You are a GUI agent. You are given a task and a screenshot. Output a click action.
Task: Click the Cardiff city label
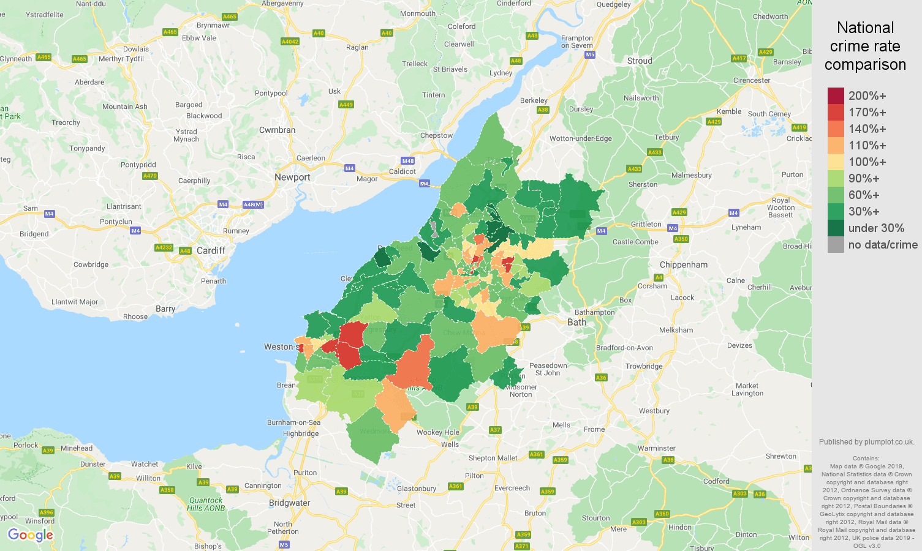pyautogui.click(x=211, y=250)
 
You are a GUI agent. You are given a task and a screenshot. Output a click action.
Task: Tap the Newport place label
pyautogui.click(x=292, y=177)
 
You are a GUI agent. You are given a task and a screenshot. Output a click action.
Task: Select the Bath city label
pyautogui.click(x=576, y=322)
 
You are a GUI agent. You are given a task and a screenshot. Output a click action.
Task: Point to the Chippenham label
pyautogui.click(x=684, y=264)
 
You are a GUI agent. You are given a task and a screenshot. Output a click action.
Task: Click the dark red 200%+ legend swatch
pyautogui.click(x=836, y=96)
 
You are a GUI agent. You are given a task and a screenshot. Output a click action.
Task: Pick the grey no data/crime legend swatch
pyautogui.click(x=836, y=245)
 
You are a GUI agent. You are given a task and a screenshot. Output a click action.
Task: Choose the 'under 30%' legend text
pyautogui.click(x=876, y=228)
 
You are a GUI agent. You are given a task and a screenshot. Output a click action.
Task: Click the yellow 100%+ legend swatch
pyautogui.click(x=836, y=162)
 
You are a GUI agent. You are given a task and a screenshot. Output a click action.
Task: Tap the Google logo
pyautogui.click(x=31, y=535)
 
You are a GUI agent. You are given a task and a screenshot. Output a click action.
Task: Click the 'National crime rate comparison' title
pyautogui.click(x=865, y=46)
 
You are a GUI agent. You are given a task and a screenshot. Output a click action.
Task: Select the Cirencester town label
pyautogui.click(x=752, y=80)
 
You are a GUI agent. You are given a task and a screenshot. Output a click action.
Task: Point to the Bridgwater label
pyautogui.click(x=289, y=503)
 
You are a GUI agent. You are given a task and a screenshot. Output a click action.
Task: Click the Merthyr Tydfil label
pyautogui.click(x=121, y=59)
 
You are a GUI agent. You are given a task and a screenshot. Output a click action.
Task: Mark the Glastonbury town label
pyautogui.click(x=417, y=489)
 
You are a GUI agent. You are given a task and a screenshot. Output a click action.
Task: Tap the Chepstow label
pyautogui.click(x=436, y=135)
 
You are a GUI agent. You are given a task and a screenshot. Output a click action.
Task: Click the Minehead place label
pyautogui.click(x=77, y=448)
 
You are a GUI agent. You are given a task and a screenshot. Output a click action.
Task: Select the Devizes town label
pyautogui.click(x=739, y=345)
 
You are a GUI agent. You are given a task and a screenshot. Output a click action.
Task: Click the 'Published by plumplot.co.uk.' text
pyautogui.click(x=866, y=441)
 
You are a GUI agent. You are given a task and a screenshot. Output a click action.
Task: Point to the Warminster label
pyautogui.click(x=656, y=448)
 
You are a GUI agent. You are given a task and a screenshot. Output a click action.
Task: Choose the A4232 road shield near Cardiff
pyautogui.click(x=164, y=247)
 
